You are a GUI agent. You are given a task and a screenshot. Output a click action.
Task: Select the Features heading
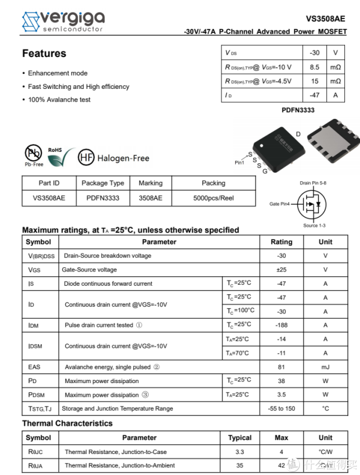(x=44, y=53)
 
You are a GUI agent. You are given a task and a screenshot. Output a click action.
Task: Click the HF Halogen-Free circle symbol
(x=87, y=158)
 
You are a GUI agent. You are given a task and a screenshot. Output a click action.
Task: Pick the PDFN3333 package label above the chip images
(x=298, y=110)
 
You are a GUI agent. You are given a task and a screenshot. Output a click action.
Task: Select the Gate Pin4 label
(x=279, y=204)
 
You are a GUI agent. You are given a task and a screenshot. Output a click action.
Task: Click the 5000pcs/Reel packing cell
(x=213, y=198)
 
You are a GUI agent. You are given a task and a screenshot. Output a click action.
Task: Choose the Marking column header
(x=151, y=183)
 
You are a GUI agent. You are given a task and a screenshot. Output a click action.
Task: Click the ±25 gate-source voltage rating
(x=281, y=270)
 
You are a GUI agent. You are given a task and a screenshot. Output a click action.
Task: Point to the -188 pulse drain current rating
(x=281, y=325)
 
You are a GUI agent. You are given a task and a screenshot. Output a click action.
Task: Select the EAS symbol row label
(x=34, y=367)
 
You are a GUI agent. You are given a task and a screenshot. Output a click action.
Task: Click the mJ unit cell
(x=325, y=367)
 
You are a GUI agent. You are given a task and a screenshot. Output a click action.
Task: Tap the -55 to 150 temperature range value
(x=281, y=408)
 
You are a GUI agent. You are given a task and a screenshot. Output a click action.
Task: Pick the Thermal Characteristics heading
(x=67, y=423)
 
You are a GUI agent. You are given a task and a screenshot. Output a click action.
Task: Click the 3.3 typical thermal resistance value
(x=239, y=452)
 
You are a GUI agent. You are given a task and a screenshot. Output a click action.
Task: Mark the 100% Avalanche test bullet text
(x=59, y=100)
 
